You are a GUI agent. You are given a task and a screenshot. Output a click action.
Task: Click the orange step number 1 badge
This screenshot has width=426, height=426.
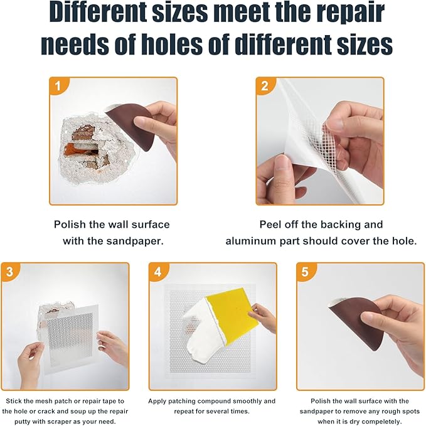click(x=58, y=86)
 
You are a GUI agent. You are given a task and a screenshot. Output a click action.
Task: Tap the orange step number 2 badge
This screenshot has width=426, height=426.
click(x=264, y=86)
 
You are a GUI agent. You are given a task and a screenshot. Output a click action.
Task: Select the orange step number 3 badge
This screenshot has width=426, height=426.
click(x=9, y=271)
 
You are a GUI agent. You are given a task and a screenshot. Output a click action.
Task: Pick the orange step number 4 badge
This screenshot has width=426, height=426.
click(x=157, y=271)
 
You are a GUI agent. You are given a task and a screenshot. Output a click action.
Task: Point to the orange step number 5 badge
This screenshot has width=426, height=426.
click(x=305, y=271)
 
